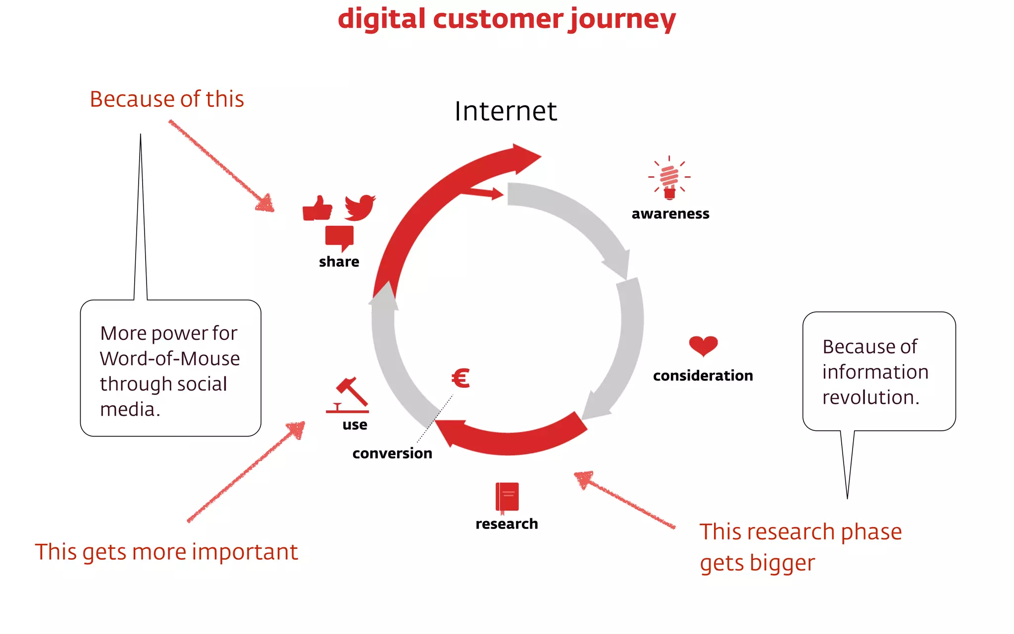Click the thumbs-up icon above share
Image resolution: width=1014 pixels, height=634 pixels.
coord(317,208)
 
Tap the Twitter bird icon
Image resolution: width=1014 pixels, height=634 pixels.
coord(360,207)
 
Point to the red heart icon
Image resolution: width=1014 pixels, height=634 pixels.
coord(703,346)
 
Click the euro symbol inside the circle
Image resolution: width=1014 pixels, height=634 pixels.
coord(460,378)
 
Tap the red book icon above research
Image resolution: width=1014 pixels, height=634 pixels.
coord(507,497)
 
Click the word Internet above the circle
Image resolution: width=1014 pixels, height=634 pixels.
coord(506,111)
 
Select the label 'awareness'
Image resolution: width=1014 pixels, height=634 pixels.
coord(670,214)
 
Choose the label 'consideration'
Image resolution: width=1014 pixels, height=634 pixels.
coord(703,376)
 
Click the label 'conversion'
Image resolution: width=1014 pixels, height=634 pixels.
coord(392,453)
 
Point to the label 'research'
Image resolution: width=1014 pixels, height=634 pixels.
coord(507,524)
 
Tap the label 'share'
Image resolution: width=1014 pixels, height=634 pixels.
coord(339,262)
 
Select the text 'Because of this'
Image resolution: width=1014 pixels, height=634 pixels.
coord(167,99)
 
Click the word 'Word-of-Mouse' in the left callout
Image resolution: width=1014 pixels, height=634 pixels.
coord(170,359)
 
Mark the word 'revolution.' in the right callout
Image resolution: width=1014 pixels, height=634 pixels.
coord(870,397)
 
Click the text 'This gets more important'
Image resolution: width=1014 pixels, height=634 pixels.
coord(166,552)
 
